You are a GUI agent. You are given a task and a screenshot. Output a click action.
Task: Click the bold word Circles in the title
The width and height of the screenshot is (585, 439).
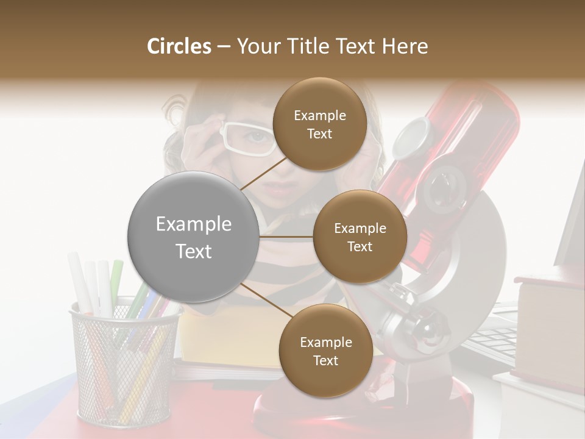pyautogui.click(x=179, y=46)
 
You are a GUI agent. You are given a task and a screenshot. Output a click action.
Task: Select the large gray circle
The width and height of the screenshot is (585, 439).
pyautogui.click(x=193, y=237)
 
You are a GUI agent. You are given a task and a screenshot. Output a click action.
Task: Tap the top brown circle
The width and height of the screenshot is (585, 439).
pyautogui.click(x=319, y=124)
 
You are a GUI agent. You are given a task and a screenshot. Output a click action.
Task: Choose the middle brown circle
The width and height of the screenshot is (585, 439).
pyautogui.click(x=360, y=237)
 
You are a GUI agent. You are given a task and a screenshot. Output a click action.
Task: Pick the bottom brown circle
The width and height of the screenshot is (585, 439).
pyautogui.click(x=325, y=351)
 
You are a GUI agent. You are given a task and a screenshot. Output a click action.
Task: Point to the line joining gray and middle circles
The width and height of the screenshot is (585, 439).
pyautogui.click(x=286, y=236)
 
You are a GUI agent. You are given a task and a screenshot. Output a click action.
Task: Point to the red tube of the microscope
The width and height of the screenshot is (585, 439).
pyautogui.click(x=463, y=140)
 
